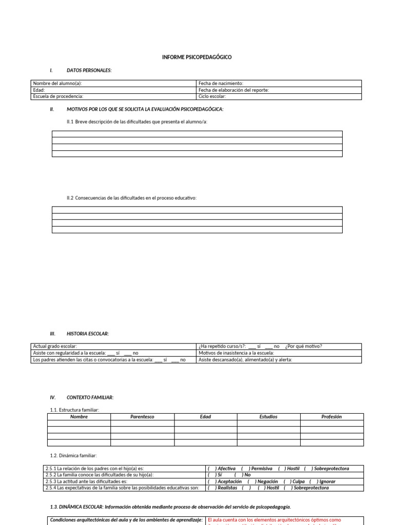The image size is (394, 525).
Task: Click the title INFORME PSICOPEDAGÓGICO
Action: pos(197,57)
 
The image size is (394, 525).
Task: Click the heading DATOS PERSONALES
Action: pos(89,70)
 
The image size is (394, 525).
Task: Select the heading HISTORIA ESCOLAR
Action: pos(87,334)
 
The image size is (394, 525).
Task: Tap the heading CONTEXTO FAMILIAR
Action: pos(90,397)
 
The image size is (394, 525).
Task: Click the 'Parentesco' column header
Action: pos(142,417)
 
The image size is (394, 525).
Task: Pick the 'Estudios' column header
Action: pos(268,417)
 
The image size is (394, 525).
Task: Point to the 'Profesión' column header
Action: pos(331,417)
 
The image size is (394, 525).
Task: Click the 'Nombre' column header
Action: pos(79,417)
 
